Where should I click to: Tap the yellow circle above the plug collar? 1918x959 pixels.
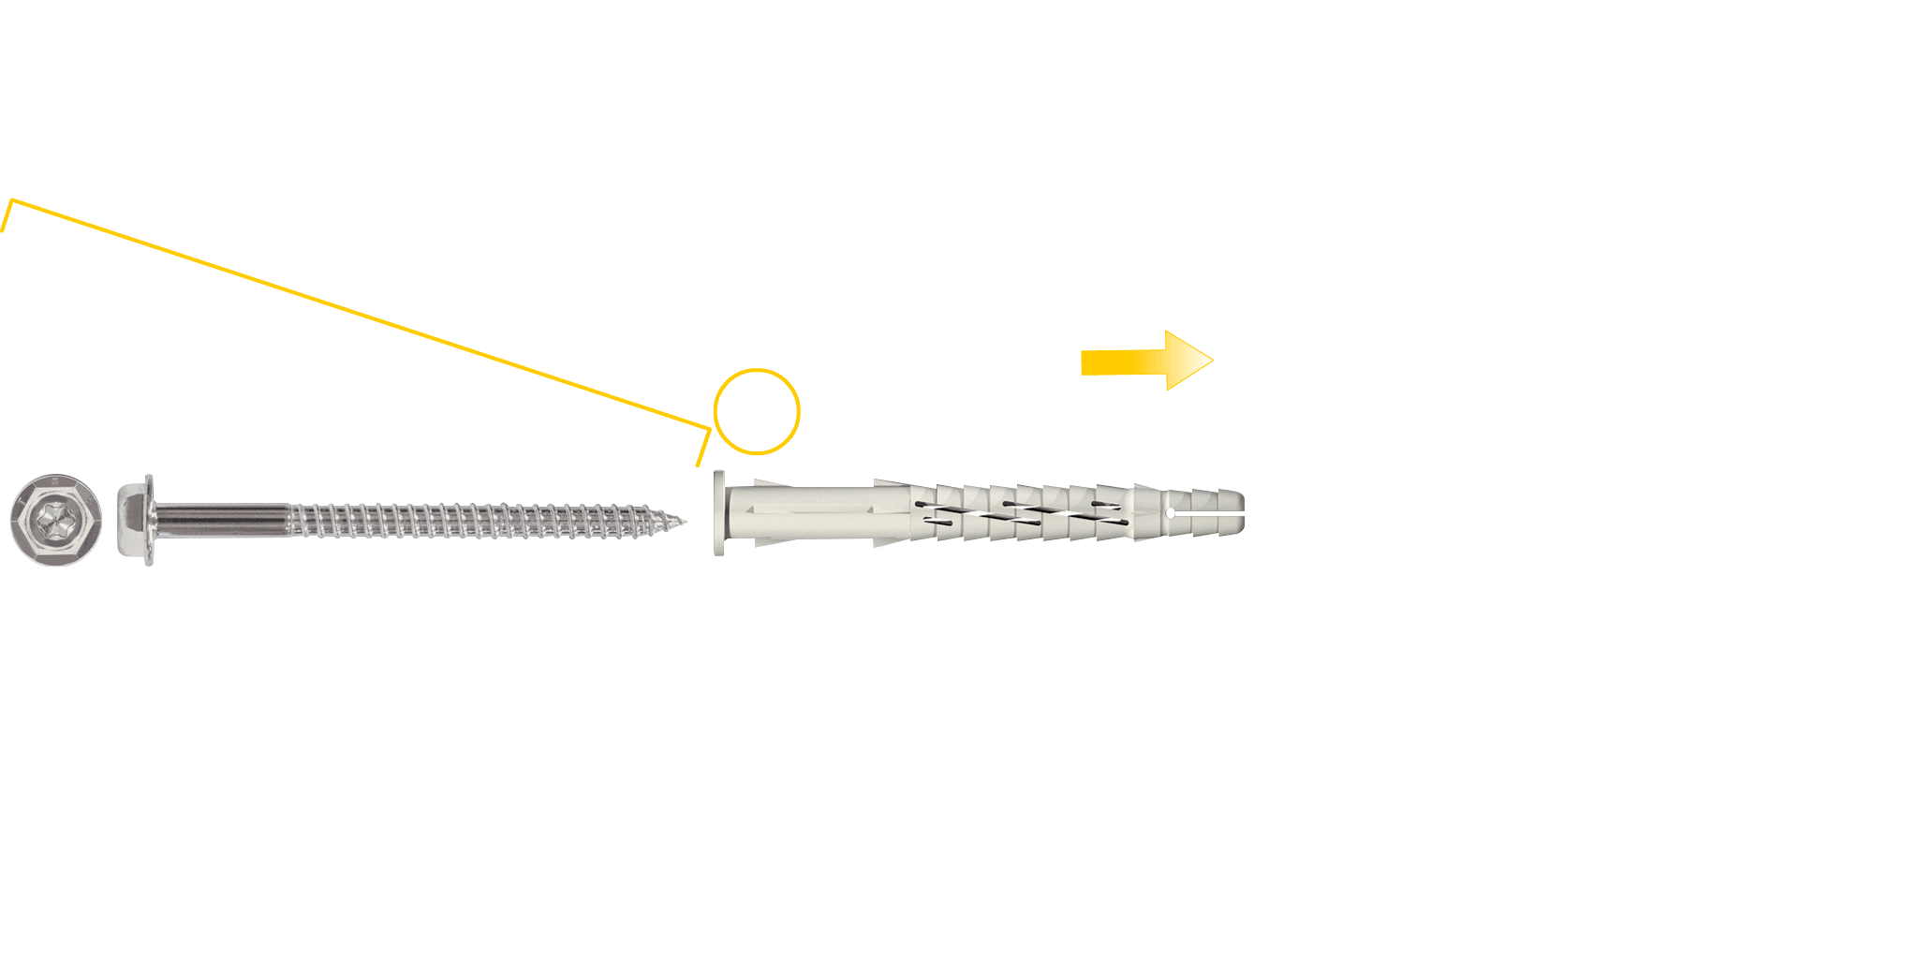click(x=757, y=411)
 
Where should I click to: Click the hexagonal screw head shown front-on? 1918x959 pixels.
click(x=55, y=520)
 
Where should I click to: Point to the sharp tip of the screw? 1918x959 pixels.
click(x=684, y=522)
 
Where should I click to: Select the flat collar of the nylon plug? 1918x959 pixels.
click(x=719, y=513)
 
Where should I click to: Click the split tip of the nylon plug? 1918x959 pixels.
click(x=1217, y=513)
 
